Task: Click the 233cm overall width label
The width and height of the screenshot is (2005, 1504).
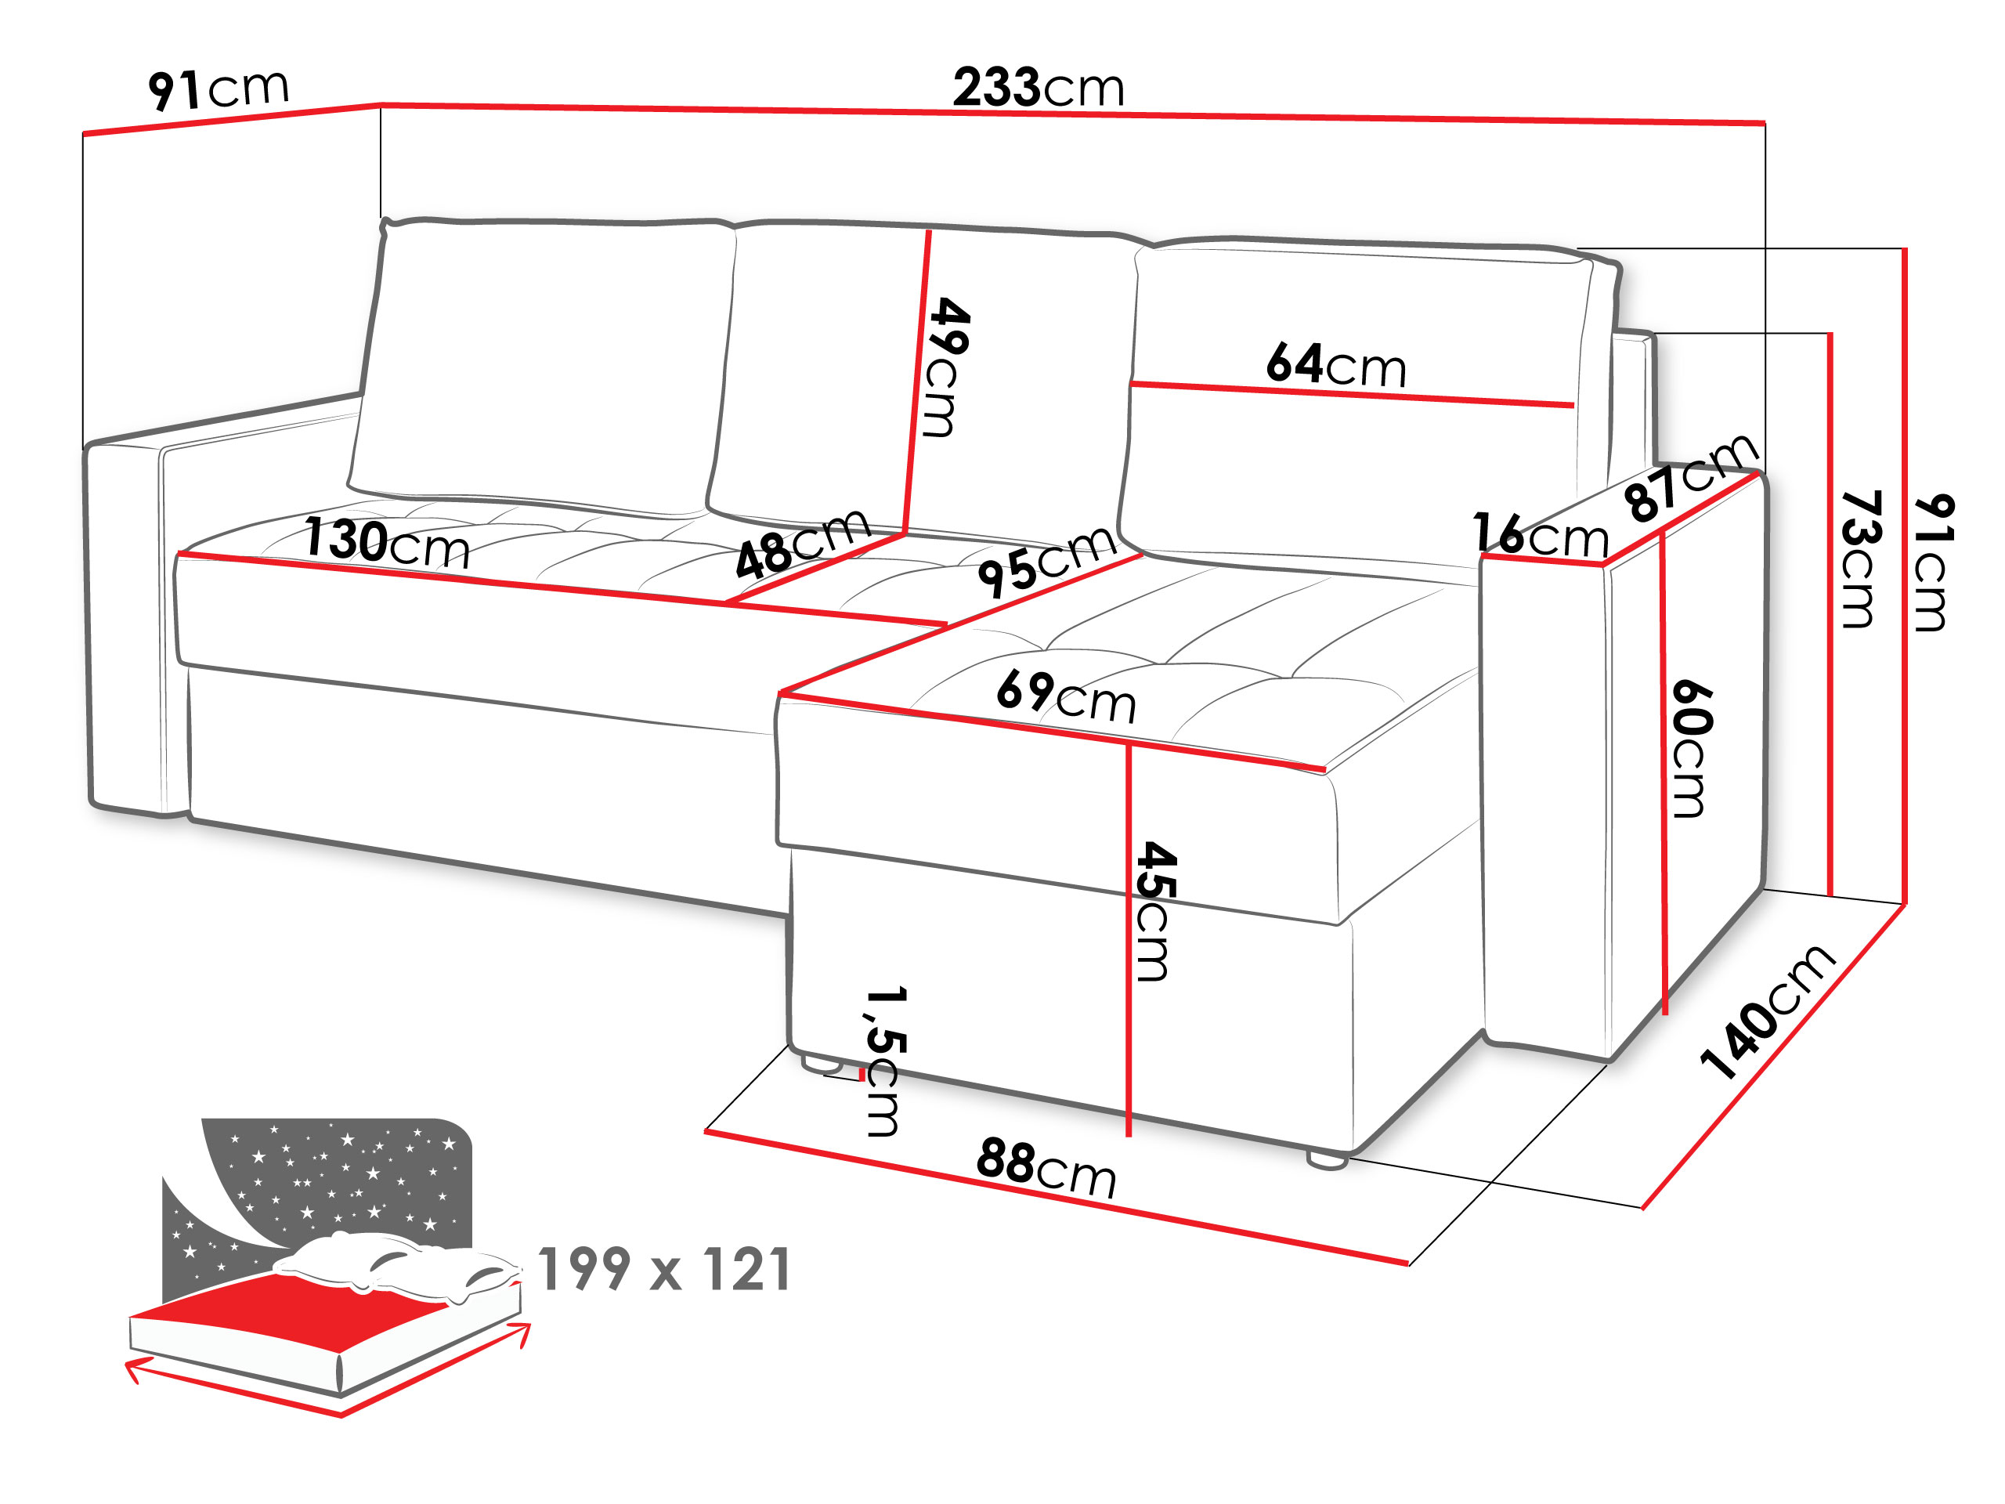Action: [x=1039, y=88]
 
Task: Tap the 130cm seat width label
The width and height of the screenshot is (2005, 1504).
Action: [x=387, y=543]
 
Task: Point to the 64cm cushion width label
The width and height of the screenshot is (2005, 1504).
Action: [x=1336, y=364]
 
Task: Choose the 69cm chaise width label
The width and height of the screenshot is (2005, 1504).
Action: [x=1066, y=696]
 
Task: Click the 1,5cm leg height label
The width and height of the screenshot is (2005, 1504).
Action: [x=883, y=1061]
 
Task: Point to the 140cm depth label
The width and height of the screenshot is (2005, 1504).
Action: [x=1767, y=1013]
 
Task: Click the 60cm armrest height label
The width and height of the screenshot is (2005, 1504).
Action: [x=1692, y=749]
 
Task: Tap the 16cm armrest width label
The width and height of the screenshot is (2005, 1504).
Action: [x=1541, y=535]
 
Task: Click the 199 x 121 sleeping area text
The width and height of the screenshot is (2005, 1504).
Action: [x=664, y=1269]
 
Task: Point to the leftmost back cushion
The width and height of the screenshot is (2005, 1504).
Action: [x=542, y=367]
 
